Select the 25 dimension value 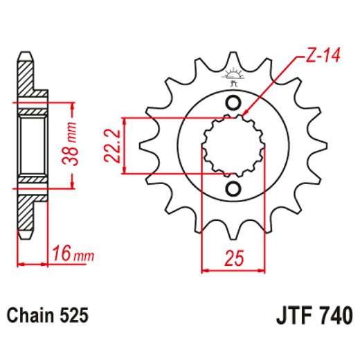tap(233, 258)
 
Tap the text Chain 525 tap(48, 316)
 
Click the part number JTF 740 tap(311, 316)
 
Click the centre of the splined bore tap(233, 146)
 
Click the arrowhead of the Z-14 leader tap(244, 112)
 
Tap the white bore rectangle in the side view tap(31, 145)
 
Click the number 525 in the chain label tap(73, 316)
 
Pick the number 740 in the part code tap(332, 316)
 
